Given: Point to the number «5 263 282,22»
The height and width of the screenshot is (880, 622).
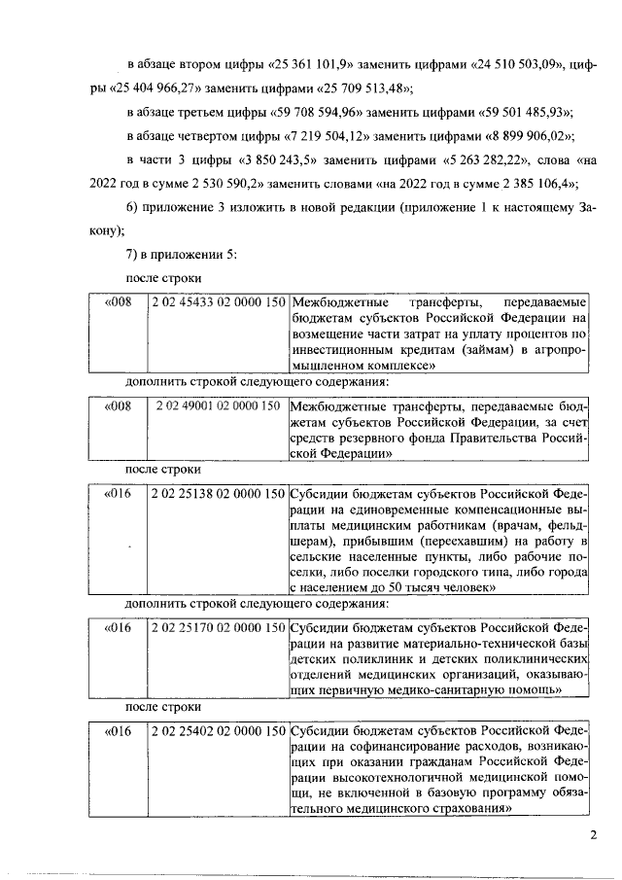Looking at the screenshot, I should pos(500,158).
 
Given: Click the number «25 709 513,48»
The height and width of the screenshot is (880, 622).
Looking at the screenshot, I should pos(361,88).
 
